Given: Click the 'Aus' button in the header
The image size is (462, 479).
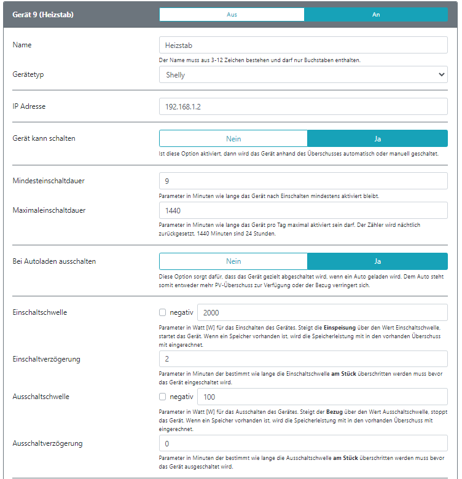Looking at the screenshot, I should (232, 14).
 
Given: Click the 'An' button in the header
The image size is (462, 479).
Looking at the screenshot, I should (376, 14).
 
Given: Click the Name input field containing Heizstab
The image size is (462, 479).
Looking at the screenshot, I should (303, 46).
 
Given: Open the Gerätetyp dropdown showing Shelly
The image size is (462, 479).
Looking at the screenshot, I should (303, 74).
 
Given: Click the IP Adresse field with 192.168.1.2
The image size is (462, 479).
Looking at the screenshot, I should (303, 106).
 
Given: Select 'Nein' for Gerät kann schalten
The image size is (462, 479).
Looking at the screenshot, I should (233, 138).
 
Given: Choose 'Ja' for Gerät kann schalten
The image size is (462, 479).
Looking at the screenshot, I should (377, 138).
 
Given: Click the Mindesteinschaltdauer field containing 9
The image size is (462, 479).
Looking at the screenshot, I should (303, 181).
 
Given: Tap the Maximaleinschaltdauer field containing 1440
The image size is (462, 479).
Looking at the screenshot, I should (303, 210).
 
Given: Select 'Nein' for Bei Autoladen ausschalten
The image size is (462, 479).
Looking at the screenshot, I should (233, 261).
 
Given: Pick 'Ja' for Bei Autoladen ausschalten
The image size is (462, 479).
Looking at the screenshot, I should (377, 261).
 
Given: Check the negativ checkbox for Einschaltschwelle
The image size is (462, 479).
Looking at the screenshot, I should (163, 312).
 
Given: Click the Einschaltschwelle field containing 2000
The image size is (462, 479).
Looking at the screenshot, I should (322, 312).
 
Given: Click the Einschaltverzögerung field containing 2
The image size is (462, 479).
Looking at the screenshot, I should (303, 359).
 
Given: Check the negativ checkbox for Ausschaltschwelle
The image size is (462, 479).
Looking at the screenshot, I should (163, 397).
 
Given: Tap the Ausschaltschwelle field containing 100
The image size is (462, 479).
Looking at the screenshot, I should (322, 397).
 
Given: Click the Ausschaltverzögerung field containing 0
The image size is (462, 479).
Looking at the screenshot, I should (303, 443).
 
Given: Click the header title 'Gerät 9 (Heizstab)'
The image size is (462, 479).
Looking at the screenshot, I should (43, 14).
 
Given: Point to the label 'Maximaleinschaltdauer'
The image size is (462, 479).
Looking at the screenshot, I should (49, 210).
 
